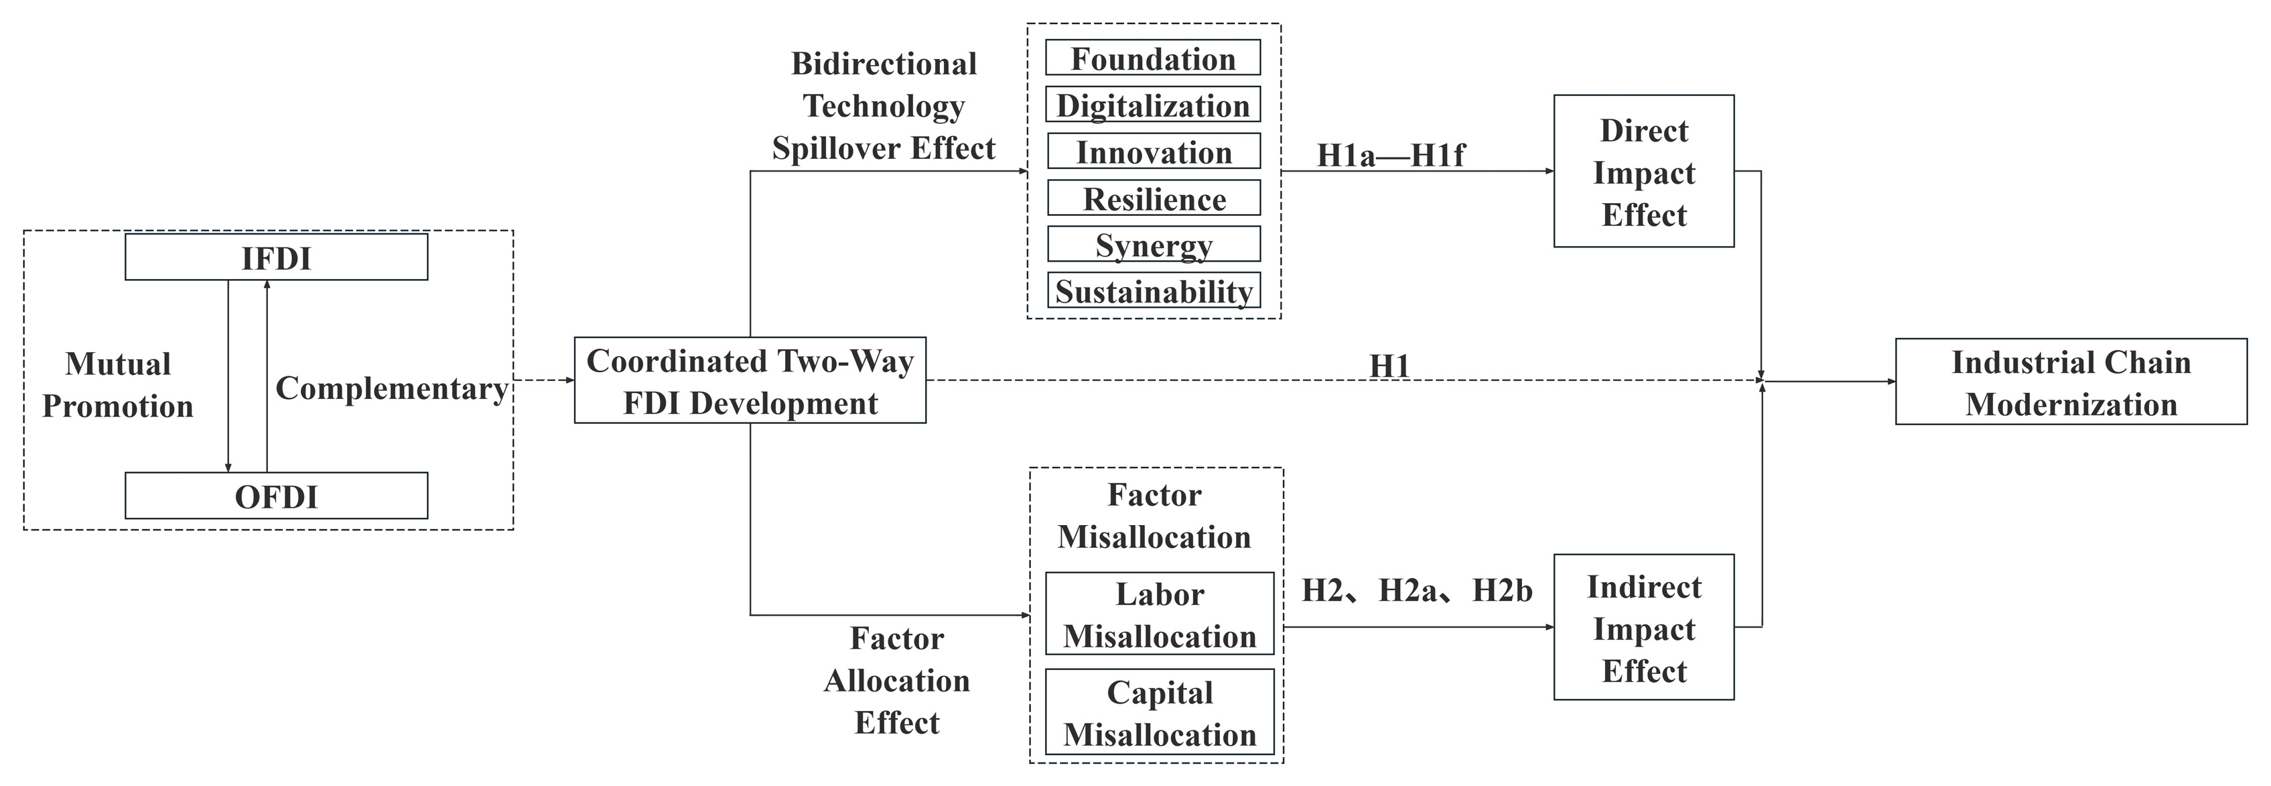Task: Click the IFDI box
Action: pyautogui.click(x=276, y=258)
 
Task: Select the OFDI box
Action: pyautogui.click(x=276, y=496)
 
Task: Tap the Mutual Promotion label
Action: pyautogui.click(x=118, y=385)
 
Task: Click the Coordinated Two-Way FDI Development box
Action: pyautogui.click(x=750, y=381)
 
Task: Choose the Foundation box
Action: pyautogui.click(x=1153, y=58)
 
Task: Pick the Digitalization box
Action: pyautogui.click(x=1153, y=105)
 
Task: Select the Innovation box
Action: pyautogui.click(x=1153, y=152)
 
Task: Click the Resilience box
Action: pyautogui.click(x=1153, y=199)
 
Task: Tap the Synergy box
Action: pyautogui.click(x=1153, y=244)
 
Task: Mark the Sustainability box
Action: pyautogui.click(x=1153, y=291)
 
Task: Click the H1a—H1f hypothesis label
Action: pyautogui.click(x=1390, y=156)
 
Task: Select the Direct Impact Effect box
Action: pyautogui.click(x=1643, y=172)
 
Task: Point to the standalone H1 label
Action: pyautogui.click(x=1389, y=366)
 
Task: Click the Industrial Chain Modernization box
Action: pyautogui.click(x=2071, y=382)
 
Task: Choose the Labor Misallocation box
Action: pyautogui.click(x=1160, y=615)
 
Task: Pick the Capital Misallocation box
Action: pyautogui.click(x=1160, y=713)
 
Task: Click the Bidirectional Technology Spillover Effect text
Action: pyautogui.click(x=884, y=106)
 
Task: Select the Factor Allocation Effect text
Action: pyautogui.click(x=896, y=680)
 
